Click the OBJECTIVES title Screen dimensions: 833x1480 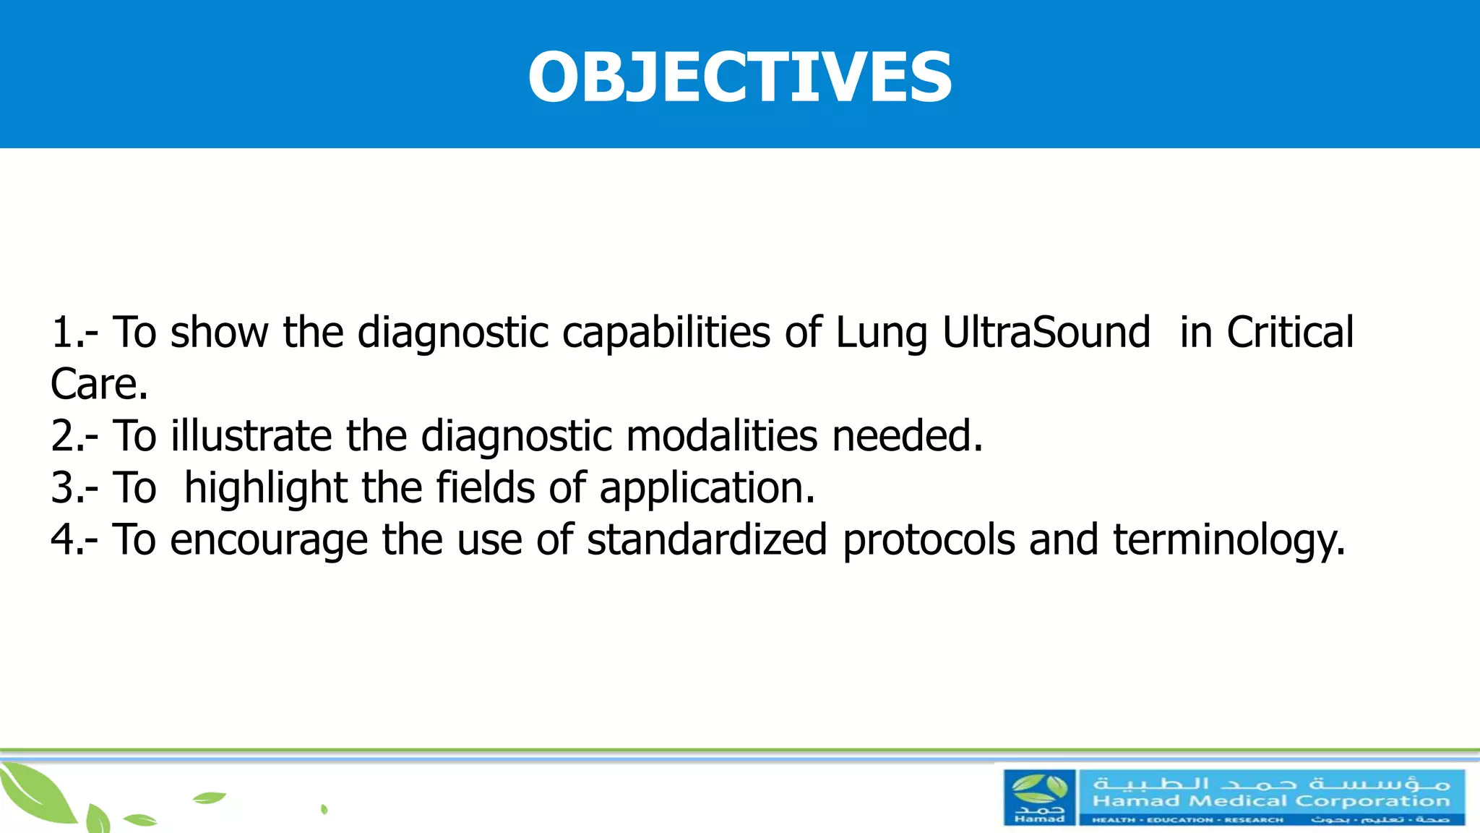(739, 77)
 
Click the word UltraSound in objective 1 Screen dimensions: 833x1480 (1046, 333)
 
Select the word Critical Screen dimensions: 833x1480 (1290, 333)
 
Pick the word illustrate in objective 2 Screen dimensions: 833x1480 (251, 436)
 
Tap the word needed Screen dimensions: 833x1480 (906, 436)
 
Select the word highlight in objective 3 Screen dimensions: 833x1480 (266, 488)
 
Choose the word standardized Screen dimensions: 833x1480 (707, 540)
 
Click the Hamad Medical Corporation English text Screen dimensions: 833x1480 (1271, 801)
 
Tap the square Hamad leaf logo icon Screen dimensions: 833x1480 (1039, 798)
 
